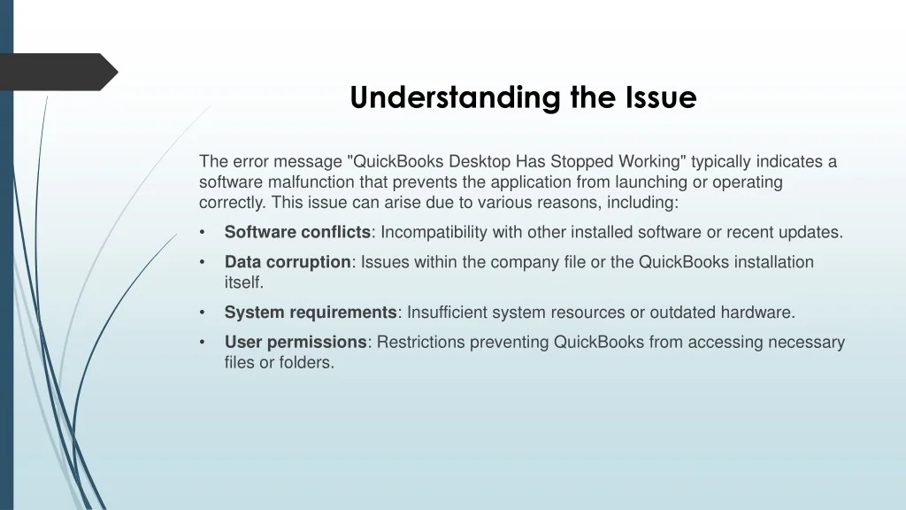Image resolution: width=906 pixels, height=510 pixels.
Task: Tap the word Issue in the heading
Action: click(x=661, y=97)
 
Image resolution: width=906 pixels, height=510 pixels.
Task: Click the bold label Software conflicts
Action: click(x=297, y=232)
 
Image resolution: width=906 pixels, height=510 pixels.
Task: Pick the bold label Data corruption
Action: click(x=288, y=262)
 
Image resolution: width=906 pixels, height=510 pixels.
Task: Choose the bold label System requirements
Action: click(x=311, y=313)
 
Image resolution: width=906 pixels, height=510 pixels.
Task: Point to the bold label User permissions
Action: click(x=296, y=342)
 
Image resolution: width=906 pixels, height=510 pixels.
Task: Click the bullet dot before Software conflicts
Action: click(x=203, y=233)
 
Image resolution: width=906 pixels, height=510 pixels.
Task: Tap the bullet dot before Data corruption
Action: click(x=203, y=262)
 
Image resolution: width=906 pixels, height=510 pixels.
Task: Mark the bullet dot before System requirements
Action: click(x=203, y=313)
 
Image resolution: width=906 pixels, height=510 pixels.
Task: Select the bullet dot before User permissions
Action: click(x=203, y=343)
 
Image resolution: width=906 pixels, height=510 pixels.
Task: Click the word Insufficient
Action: click(x=442, y=313)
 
